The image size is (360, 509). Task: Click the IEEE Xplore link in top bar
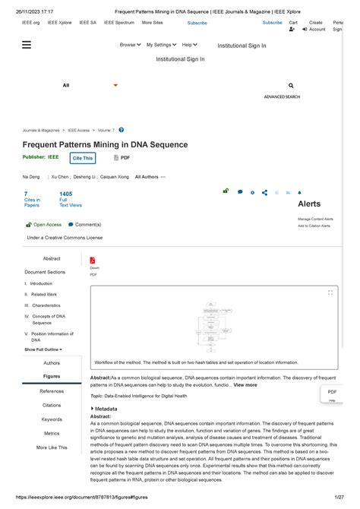tap(59, 23)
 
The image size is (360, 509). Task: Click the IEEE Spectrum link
tap(118, 23)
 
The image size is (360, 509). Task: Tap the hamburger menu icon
tap(27, 45)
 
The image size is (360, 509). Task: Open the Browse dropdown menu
tap(130, 45)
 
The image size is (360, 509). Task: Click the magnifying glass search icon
tap(291, 86)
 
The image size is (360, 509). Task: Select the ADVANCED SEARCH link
tap(282, 97)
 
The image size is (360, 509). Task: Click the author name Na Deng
tap(31, 176)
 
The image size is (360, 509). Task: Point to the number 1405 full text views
tap(66, 194)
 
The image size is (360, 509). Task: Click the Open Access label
tap(47, 225)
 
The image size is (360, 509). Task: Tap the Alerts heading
tap(309, 204)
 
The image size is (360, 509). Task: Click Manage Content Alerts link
tap(315, 219)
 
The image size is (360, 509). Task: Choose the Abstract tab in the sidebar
tap(52, 259)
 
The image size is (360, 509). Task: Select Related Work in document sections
tap(43, 294)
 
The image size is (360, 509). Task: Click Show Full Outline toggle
tap(43, 349)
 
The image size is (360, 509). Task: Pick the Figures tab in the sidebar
tap(52, 376)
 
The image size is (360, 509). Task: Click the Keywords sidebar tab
tap(52, 419)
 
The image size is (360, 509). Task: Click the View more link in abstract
tap(245, 385)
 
